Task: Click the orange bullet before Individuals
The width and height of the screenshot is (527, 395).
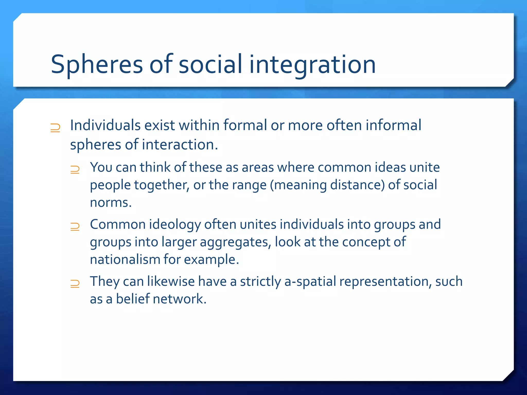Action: [55, 128]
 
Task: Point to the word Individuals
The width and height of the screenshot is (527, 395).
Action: [105, 125]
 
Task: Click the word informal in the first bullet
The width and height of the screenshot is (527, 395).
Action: [393, 125]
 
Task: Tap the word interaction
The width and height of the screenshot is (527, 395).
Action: [180, 145]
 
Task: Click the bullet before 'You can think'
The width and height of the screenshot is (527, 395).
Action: [75, 170]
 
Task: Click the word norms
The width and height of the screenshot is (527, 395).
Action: [111, 203]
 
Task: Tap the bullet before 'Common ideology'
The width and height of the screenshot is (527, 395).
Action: [75, 227]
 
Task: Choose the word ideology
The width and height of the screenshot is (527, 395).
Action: [175, 225]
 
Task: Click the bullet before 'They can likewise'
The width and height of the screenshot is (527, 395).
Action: [75, 284]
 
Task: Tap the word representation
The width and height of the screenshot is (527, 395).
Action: [385, 282]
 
